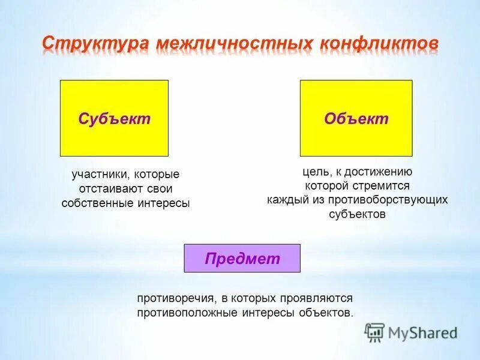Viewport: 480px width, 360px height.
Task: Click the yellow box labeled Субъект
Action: click(x=114, y=118)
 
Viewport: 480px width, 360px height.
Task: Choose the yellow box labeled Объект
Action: click(x=356, y=118)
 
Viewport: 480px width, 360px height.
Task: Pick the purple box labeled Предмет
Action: click(x=242, y=259)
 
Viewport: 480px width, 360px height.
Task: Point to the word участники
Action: click(x=98, y=175)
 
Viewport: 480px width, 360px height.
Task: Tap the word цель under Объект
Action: click(x=314, y=172)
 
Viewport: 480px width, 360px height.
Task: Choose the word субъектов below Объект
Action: click(x=356, y=214)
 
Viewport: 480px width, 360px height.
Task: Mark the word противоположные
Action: click(x=188, y=313)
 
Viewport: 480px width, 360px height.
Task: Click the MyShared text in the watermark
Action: click(x=423, y=332)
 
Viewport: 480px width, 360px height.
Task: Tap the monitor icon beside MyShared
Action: click(x=374, y=332)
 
